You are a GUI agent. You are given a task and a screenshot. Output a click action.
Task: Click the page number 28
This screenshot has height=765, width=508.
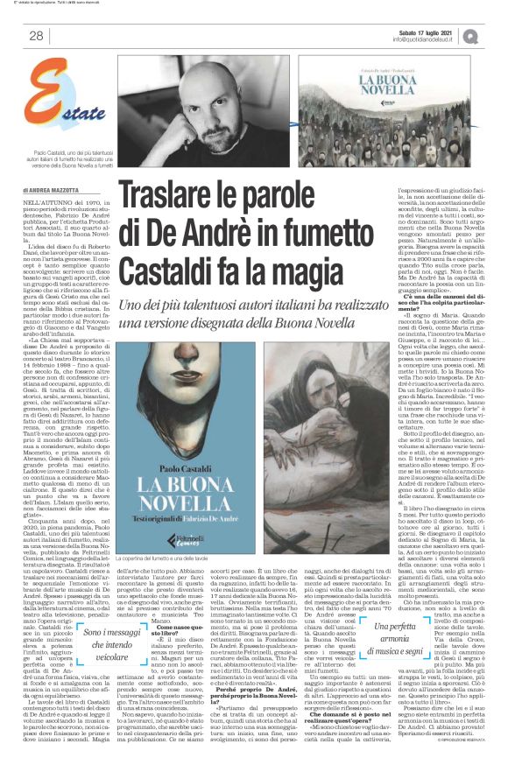(37, 36)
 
